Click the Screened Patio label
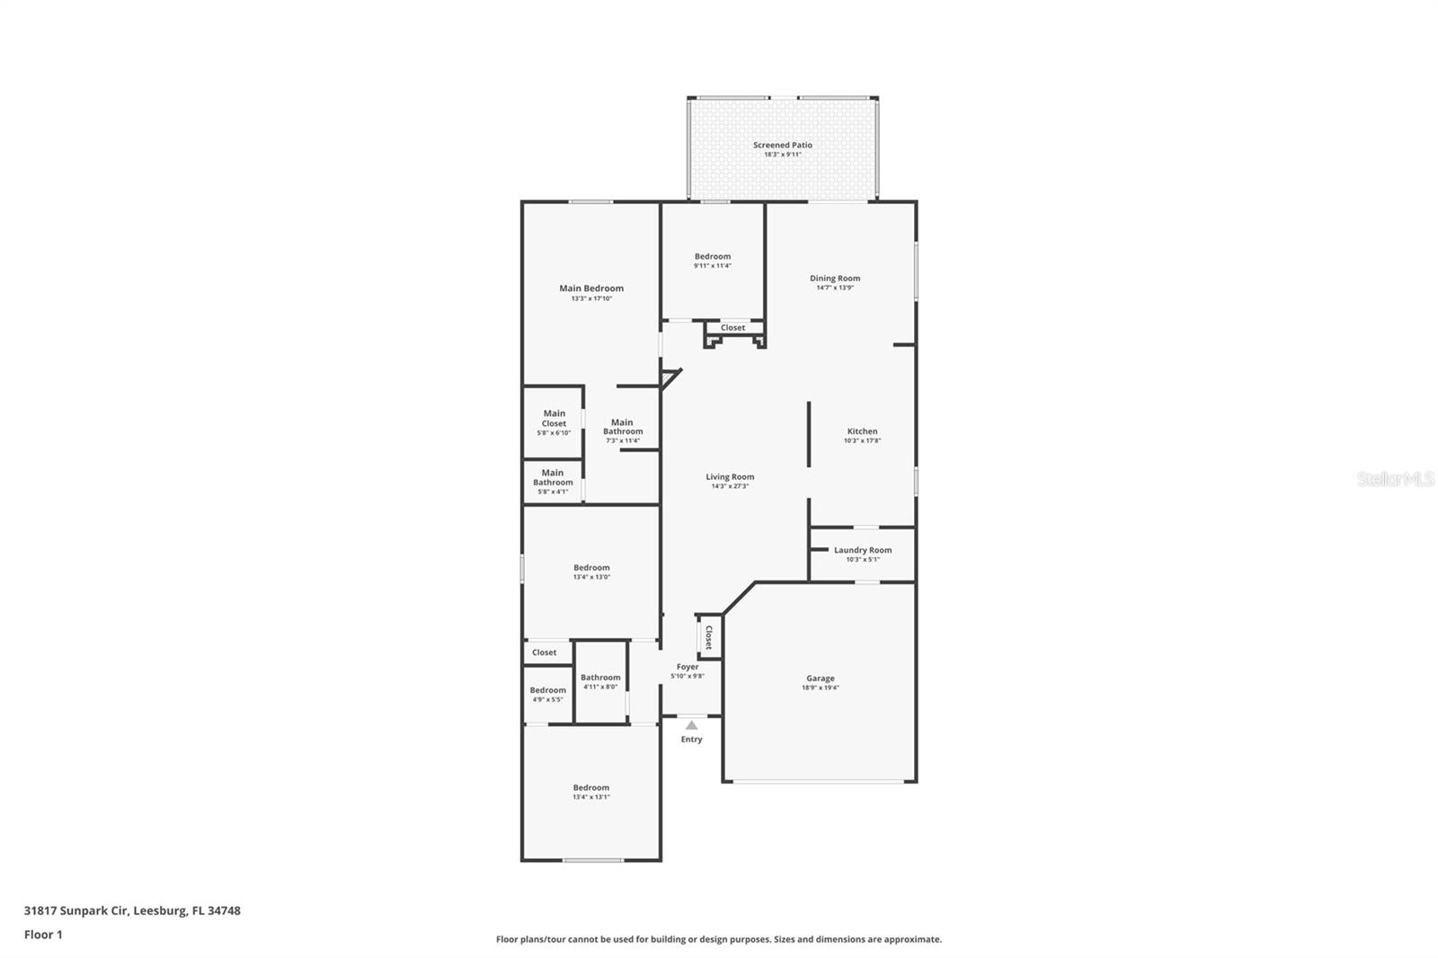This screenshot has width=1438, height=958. pyautogui.click(x=782, y=145)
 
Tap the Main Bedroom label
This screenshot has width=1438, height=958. pyautogui.click(x=591, y=288)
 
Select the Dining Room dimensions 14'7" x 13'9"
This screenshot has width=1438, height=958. pyautogui.click(x=835, y=288)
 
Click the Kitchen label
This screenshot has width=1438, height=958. pyautogui.click(x=862, y=431)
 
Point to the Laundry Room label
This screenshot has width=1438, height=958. pyautogui.click(x=863, y=550)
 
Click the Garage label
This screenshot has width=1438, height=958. pyautogui.click(x=820, y=679)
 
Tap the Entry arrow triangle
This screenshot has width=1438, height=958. pyautogui.click(x=691, y=725)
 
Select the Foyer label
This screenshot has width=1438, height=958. pyautogui.click(x=688, y=667)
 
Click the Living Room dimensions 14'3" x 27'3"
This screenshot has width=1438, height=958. pyautogui.click(x=730, y=486)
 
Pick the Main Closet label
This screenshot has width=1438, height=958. pyautogui.click(x=554, y=419)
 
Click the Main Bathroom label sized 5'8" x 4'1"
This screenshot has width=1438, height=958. pyautogui.click(x=553, y=477)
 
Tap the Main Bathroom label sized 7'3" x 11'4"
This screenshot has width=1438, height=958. pyautogui.click(x=622, y=427)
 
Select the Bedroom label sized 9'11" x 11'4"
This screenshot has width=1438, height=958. pyautogui.click(x=713, y=256)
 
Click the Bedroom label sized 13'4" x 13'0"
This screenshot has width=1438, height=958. pyautogui.click(x=591, y=568)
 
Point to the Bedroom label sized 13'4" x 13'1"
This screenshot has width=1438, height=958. pyautogui.click(x=591, y=788)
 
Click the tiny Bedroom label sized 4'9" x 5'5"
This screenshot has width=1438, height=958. pyautogui.click(x=548, y=690)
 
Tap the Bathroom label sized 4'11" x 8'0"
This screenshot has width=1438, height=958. pyautogui.click(x=600, y=678)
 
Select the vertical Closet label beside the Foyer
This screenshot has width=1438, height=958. pyautogui.click(x=708, y=637)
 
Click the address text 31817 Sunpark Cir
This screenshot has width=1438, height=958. pyautogui.click(x=77, y=910)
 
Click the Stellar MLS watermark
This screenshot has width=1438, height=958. pyautogui.click(x=1395, y=479)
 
